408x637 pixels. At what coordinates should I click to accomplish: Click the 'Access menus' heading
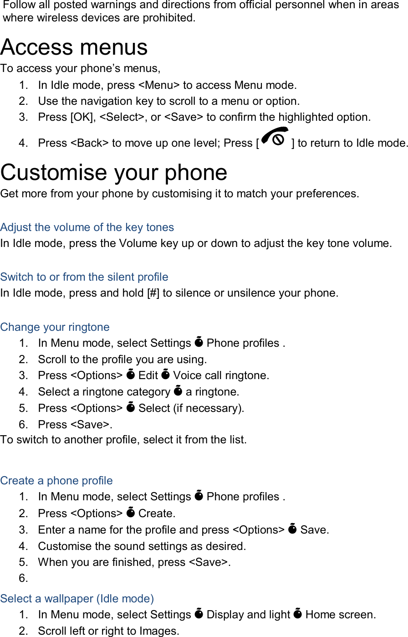click(74, 47)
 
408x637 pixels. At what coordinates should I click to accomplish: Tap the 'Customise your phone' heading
click(114, 173)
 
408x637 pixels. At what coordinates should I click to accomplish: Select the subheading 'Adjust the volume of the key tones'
click(87, 227)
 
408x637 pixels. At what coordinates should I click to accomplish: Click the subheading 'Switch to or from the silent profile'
click(84, 277)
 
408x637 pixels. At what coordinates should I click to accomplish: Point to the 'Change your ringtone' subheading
click(55, 327)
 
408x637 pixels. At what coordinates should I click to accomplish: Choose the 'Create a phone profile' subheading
click(56, 481)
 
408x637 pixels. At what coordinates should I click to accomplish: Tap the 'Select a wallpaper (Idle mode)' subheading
click(77, 599)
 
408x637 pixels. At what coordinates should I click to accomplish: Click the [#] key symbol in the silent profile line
click(153, 293)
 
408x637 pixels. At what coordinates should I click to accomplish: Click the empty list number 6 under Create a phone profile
click(23, 579)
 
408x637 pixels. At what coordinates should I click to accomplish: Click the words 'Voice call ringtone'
click(220, 375)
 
